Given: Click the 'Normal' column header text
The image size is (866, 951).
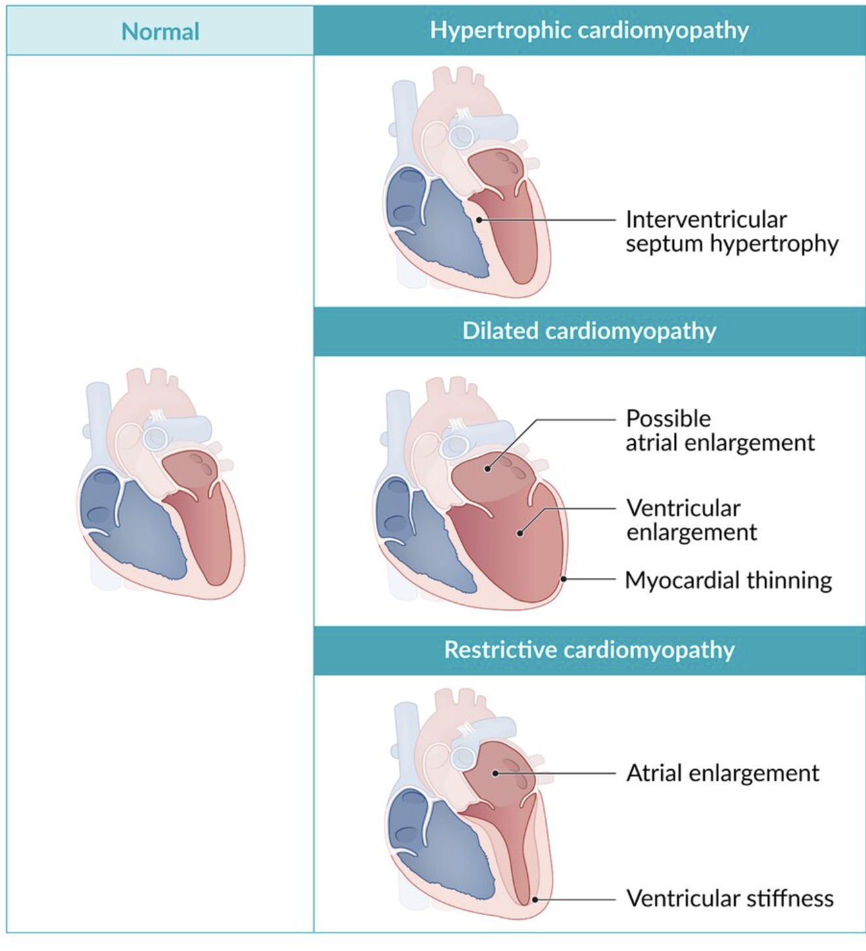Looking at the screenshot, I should coord(160,31).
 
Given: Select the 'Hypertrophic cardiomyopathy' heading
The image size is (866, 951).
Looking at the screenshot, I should coord(589,30).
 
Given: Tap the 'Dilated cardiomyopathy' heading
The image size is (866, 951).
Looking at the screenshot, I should coord(589,331).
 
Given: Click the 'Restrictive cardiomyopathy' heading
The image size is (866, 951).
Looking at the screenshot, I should coord(589,650).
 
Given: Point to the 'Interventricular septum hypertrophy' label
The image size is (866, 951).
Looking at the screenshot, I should coord(731,231).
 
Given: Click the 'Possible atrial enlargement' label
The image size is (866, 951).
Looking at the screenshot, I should coord(719,430).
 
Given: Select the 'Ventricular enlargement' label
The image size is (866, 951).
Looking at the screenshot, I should coord(690,520).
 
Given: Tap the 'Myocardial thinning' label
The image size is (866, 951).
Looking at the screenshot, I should coord(728,580).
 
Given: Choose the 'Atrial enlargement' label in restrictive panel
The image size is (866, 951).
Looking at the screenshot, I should coord(722,773).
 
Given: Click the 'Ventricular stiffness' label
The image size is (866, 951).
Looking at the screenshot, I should coord(729,898).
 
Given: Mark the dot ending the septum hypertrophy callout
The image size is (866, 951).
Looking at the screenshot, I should coord(480,220).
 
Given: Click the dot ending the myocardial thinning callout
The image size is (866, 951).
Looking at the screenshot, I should coord(563,580).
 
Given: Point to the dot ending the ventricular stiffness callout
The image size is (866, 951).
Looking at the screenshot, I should coord(535,899).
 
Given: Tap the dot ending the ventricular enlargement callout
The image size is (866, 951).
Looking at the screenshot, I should coord(519,533).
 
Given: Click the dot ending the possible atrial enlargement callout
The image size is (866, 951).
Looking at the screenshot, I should coord(487,468).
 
